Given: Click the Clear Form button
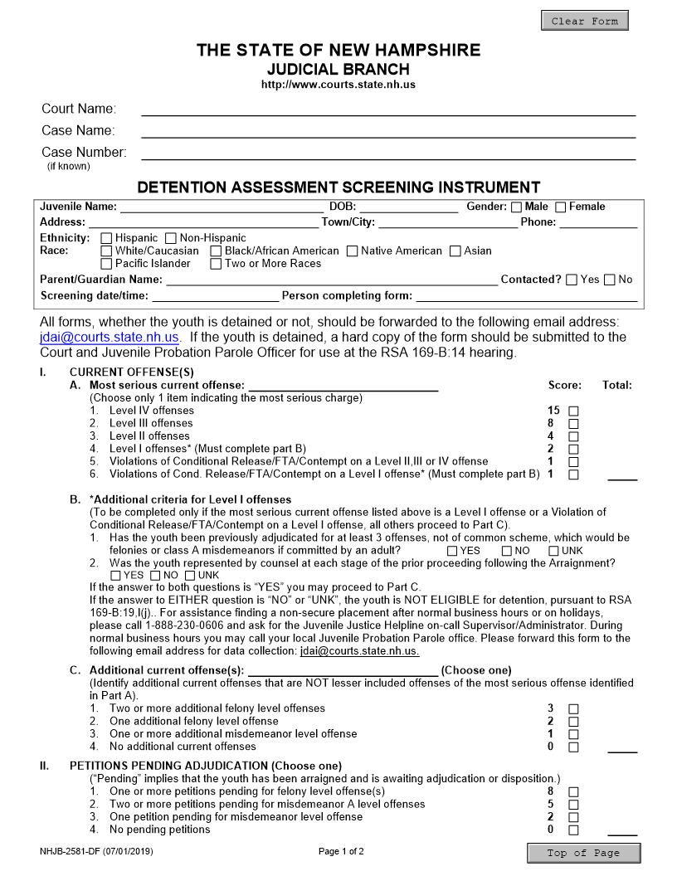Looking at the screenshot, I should click(x=584, y=21).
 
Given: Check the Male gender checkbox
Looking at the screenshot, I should click(x=516, y=207).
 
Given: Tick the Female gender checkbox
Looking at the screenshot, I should click(x=560, y=207).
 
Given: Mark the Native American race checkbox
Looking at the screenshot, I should click(x=352, y=251).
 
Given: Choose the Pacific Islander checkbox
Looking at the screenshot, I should click(x=106, y=264).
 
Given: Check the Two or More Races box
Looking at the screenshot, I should click(x=216, y=264).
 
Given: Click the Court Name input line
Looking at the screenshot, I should click(x=387, y=109).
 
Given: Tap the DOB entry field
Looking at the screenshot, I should click(x=407, y=207).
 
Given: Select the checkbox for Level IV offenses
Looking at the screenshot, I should click(x=573, y=411).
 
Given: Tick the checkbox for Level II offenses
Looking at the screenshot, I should click(x=573, y=436).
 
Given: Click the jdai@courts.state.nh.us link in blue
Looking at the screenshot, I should click(x=110, y=338).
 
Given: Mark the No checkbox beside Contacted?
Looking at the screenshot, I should click(x=610, y=280).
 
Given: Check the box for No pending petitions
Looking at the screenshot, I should click(x=573, y=830).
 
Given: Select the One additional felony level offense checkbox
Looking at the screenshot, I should click(x=573, y=722).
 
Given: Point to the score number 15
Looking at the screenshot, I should click(x=553, y=411).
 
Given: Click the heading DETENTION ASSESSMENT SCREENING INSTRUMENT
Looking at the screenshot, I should click(x=338, y=187).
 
